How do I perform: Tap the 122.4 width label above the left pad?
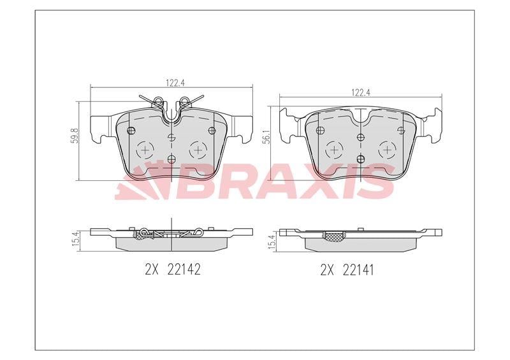coord(176,83)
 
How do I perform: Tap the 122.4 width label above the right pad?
coord(361,92)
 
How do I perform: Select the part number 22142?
coord(184,270)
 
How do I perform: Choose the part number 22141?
coord(358,270)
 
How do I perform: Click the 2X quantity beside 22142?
coord(152,270)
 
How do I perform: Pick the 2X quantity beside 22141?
coord(328,270)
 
